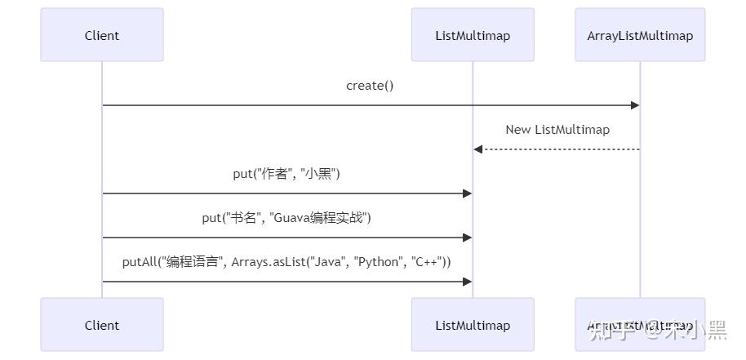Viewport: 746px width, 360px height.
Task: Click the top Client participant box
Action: click(102, 35)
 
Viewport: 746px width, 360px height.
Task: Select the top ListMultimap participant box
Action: click(473, 35)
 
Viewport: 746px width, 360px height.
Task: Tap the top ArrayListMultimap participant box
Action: click(640, 35)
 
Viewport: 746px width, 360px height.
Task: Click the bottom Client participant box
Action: click(102, 325)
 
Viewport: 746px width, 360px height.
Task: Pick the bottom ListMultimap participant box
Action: click(473, 325)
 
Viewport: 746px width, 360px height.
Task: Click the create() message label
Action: click(370, 86)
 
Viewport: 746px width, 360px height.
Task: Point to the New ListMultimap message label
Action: click(557, 130)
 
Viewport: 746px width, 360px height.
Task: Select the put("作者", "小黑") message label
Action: click(286, 174)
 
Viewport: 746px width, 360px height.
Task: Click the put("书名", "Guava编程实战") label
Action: click(286, 218)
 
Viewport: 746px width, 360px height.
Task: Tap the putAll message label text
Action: click(286, 262)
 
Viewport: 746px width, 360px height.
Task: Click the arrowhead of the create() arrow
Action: click(634, 105)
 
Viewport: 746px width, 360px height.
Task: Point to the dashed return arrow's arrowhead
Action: click(478, 149)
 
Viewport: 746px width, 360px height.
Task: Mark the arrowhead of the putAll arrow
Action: click(468, 282)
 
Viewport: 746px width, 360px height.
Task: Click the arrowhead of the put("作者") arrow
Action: click(468, 193)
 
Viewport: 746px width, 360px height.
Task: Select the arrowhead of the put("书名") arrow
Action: click(468, 238)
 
